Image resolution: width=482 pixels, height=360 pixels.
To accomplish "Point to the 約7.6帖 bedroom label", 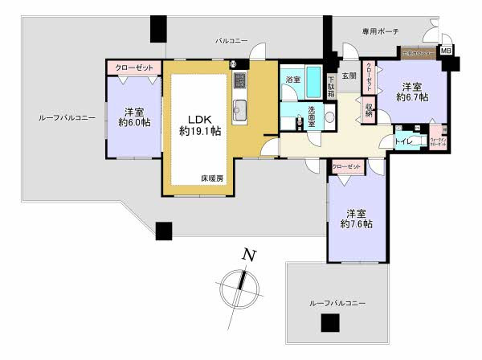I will (356, 219).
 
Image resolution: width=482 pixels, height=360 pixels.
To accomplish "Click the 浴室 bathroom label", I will (293, 80).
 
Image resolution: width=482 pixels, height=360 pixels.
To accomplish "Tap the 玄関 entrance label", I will (348, 76).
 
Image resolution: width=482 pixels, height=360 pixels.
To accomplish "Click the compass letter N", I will (250, 256).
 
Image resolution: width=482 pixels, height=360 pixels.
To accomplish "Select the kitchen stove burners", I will (239, 81).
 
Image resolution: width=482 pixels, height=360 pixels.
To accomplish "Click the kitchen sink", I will (238, 108).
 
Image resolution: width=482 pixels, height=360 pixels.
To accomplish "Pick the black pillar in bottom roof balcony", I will (328, 323).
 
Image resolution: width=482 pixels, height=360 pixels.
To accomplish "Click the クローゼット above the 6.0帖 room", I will (133, 67).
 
